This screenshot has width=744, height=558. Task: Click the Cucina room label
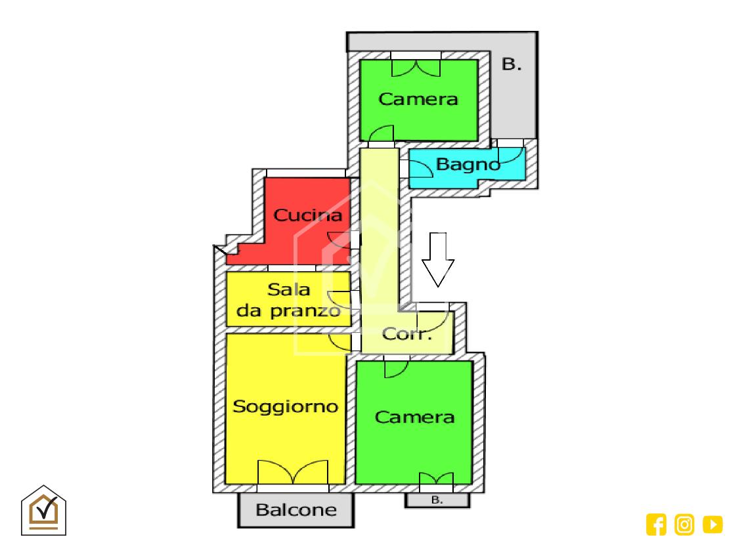point(307,215)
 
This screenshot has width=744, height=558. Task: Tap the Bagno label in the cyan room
point(468,164)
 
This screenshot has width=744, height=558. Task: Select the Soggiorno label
point(286,406)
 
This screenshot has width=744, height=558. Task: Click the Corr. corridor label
point(407,334)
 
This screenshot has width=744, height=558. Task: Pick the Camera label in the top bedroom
point(418,99)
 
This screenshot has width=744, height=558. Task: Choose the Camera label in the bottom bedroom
point(414,417)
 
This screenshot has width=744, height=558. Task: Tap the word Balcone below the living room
point(295,509)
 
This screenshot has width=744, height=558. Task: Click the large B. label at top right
point(512,64)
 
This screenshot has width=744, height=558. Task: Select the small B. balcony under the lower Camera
point(437,500)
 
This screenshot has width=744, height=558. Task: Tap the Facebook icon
point(656,524)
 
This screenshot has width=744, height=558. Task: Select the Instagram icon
point(684,524)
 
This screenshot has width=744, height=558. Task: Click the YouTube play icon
point(712,524)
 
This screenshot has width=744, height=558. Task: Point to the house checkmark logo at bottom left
point(44,510)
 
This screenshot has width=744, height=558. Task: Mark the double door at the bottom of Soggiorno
point(292,472)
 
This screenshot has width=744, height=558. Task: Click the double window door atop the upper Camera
point(416,67)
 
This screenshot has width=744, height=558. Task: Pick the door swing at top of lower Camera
point(396,368)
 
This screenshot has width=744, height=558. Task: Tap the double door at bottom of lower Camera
point(436,479)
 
